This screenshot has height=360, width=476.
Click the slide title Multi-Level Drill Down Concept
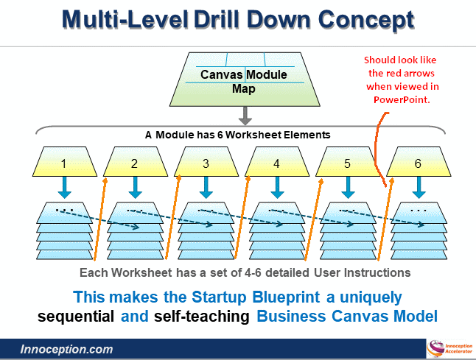(x=237, y=20)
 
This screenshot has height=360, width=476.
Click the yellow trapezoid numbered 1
(x=64, y=163)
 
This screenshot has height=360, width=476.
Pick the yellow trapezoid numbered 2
(x=134, y=163)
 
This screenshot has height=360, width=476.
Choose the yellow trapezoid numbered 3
(x=206, y=163)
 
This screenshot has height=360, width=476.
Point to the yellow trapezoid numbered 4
(x=276, y=163)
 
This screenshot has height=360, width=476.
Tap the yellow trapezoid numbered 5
(x=347, y=163)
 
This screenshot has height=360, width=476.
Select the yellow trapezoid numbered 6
(x=418, y=163)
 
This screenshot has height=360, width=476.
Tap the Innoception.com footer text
(x=66, y=349)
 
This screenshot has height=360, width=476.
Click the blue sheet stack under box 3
(x=206, y=232)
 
